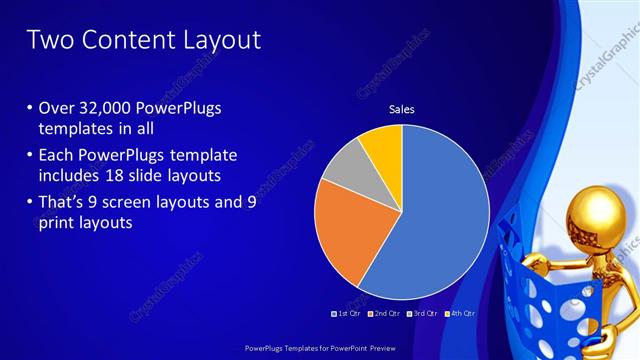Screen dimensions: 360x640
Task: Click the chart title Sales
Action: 401,109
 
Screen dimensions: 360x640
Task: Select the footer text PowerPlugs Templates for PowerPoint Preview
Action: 319,349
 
